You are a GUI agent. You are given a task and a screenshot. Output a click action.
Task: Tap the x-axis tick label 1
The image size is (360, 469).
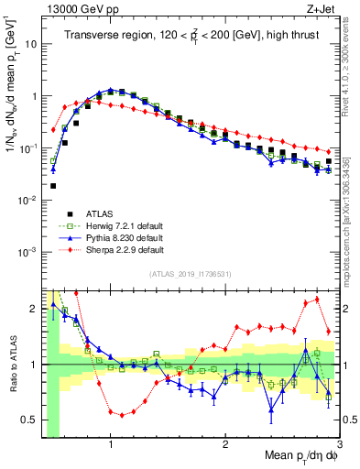pyautogui.click(x=111, y=442)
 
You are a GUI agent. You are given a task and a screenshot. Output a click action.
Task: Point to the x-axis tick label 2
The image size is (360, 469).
pyautogui.click(x=225, y=442)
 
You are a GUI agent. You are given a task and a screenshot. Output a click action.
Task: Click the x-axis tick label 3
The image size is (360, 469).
pyautogui.click(x=339, y=442)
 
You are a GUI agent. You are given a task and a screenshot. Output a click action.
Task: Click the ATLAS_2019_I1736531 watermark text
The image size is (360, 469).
pyautogui.click(x=191, y=275)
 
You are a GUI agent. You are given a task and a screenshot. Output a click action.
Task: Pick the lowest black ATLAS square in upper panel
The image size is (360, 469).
pyautogui.click(x=53, y=186)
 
